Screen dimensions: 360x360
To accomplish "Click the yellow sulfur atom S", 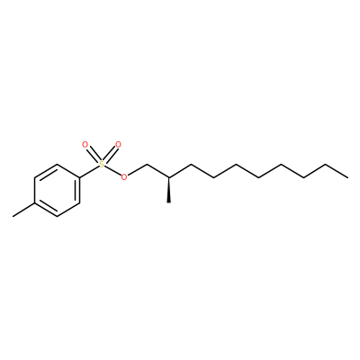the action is [102, 165].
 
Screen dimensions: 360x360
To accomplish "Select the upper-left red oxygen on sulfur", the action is [85, 145].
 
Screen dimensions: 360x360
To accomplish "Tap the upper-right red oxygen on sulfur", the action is [118, 145].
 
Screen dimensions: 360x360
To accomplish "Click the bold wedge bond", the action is [169, 190].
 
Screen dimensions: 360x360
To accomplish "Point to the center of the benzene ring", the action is [57, 190].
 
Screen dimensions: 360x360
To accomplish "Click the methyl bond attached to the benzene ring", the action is [23, 210].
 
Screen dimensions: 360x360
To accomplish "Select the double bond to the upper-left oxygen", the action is [93, 154].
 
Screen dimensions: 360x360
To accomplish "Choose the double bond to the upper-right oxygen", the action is [111, 154].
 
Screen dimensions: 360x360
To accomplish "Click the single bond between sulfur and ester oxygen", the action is [112, 171].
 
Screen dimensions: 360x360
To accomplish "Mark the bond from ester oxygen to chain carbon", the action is [137, 170].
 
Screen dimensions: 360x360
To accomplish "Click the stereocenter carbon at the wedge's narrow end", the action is [169, 177].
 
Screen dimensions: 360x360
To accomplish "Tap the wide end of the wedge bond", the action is [169, 202].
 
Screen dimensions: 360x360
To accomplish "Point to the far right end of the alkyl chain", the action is [348, 177].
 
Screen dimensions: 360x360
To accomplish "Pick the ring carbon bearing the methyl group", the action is [34, 203].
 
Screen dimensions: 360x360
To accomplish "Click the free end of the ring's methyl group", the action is [13, 216].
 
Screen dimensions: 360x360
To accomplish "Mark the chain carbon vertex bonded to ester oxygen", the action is [147, 165].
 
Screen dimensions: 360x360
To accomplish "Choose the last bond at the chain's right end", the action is [337, 171].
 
